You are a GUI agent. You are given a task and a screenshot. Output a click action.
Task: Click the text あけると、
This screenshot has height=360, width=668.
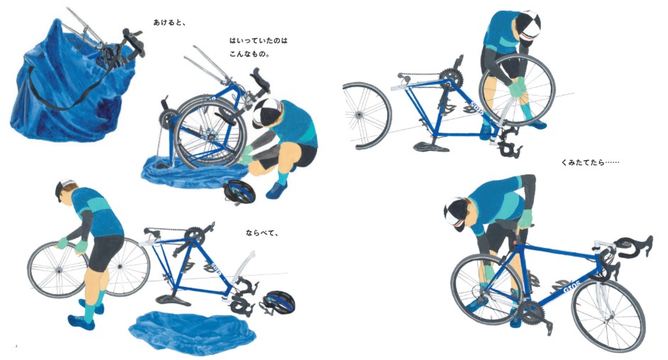point(169,23)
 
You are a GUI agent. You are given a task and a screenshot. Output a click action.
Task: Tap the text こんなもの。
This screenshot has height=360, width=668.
point(250,55)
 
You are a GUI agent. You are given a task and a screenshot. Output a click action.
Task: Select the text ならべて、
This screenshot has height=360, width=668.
point(262,233)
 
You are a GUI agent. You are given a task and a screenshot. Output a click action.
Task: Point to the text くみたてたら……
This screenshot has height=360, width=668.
point(590,162)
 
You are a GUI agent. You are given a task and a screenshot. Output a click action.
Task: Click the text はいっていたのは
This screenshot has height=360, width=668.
point(259,41)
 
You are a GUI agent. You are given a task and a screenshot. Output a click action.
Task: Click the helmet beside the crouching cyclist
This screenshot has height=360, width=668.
point(239,192)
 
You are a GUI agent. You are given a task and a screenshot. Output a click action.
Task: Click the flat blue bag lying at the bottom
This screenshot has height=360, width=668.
point(192,332)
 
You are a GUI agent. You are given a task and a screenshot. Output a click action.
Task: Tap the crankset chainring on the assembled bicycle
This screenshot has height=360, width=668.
point(531,313)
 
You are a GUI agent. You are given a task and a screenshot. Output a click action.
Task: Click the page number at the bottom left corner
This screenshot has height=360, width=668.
point(16,346)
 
